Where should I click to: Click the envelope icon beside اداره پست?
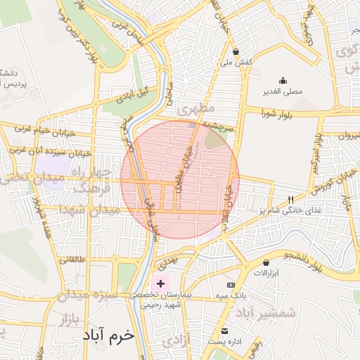pyautogui.click(x=225, y=330)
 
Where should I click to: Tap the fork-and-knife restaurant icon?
pyautogui.click(x=291, y=200)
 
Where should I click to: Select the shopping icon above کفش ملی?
pyautogui.click(x=236, y=51)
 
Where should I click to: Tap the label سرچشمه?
pyautogui.click(x=219, y=122)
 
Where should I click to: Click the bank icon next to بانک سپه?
pyautogui.click(x=231, y=285)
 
